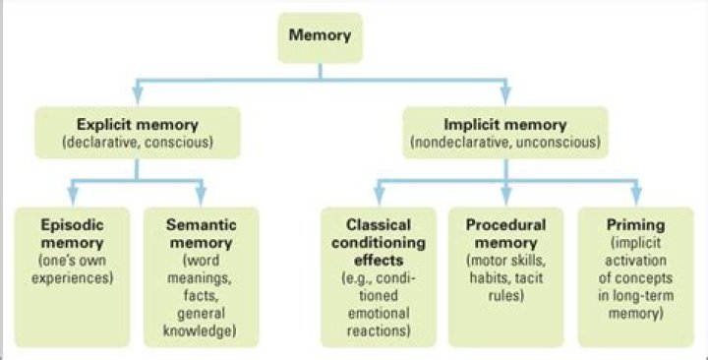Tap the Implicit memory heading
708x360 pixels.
pos(504,126)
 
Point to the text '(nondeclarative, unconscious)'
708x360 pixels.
pos(504,143)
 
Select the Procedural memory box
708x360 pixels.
pos(505,275)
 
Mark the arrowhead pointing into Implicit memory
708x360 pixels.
pos(504,96)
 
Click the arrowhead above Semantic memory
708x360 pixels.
pos(201,196)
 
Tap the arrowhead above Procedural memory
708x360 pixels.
pos(505,196)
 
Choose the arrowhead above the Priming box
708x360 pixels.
pos(636,196)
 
